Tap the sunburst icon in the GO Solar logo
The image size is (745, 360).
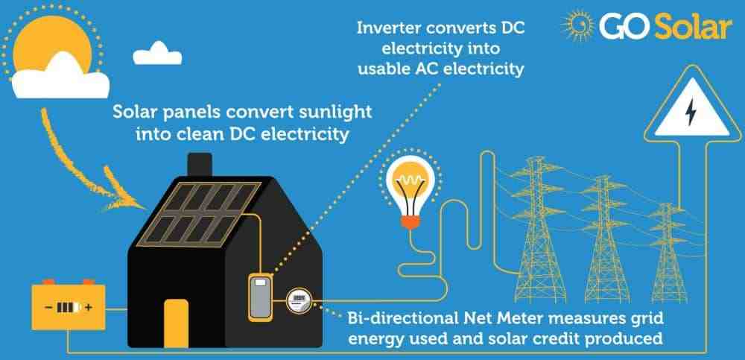point(579,26)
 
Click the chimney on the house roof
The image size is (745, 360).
point(201,165)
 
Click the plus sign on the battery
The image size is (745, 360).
point(90,307)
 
